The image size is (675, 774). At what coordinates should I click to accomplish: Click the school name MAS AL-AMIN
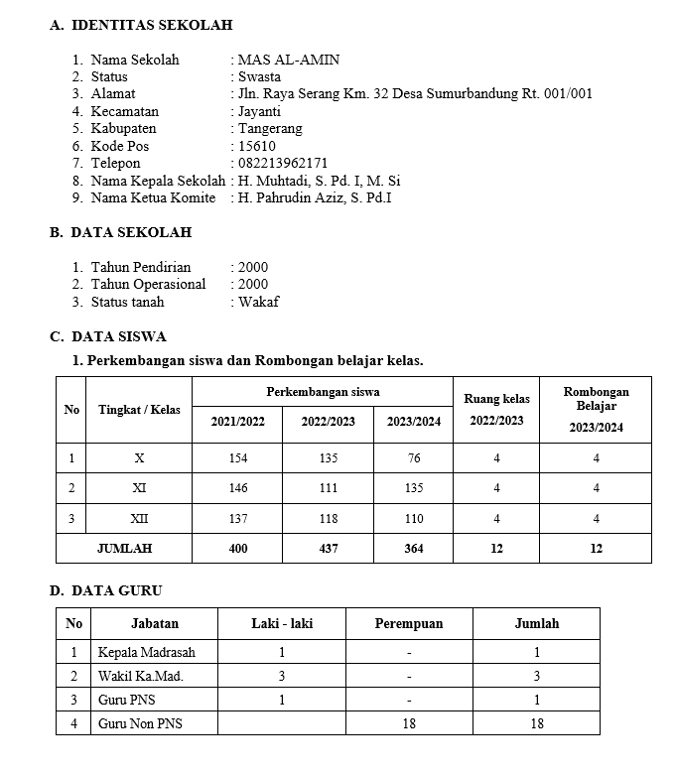tap(288, 60)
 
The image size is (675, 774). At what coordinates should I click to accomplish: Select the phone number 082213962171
tap(282, 163)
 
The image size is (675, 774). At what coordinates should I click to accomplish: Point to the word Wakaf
tap(258, 302)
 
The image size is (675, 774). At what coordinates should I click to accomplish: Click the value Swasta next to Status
tap(259, 76)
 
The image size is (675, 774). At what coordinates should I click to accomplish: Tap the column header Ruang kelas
tap(496, 399)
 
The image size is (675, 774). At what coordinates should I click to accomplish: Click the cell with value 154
tap(237, 458)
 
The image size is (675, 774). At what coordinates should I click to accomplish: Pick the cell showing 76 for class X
tap(413, 458)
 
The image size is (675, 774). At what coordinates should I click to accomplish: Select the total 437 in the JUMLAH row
tap(328, 548)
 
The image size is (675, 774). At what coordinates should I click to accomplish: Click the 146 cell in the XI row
tap(237, 488)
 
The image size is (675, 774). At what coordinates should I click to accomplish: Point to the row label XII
tap(139, 518)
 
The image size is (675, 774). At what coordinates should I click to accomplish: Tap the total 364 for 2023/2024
tap(413, 548)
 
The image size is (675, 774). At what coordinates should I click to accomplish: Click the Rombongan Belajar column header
tap(596, 399)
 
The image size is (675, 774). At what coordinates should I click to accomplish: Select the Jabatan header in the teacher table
tap(155, 624)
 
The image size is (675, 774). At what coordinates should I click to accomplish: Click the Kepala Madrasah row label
tap(146, 653)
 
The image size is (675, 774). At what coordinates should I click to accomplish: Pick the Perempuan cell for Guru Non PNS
tap(409, 724)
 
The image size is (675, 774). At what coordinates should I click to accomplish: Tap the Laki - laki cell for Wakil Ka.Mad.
tap(282, 677)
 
